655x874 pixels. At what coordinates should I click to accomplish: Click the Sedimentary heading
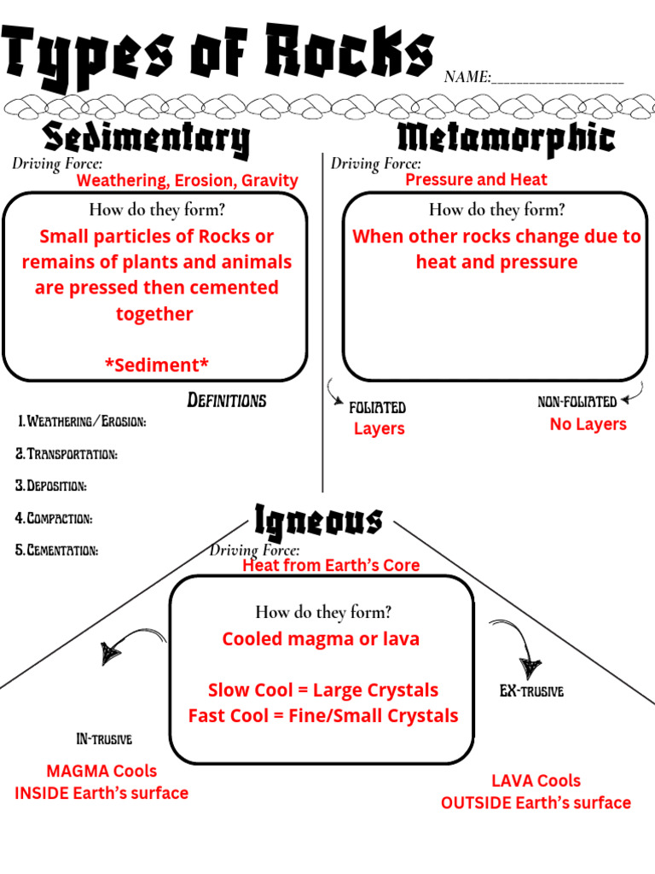(147, 138)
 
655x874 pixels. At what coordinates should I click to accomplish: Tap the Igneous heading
(318, 520)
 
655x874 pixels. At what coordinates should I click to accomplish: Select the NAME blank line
(558, 79)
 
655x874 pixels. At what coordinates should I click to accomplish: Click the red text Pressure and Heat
(476, 179)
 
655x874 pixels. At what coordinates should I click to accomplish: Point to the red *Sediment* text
(156, 365)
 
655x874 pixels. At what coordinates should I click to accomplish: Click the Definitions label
(226, 400)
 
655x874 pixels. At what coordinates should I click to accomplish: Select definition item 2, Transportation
(67, 454)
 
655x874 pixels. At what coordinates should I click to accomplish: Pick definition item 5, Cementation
(57, 551)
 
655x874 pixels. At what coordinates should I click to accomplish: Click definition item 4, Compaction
(54, 518)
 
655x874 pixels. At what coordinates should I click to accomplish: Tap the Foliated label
(377, 408)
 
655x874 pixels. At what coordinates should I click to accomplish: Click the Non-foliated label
(577, 401)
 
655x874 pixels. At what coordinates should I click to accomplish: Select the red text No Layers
(588, 424)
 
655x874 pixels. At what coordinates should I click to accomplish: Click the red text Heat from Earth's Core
(331, 565)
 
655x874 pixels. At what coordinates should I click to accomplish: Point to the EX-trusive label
(531, 690)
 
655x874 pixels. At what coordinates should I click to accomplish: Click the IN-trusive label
(104, 738)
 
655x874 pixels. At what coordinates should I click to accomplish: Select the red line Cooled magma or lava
(321, 639)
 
